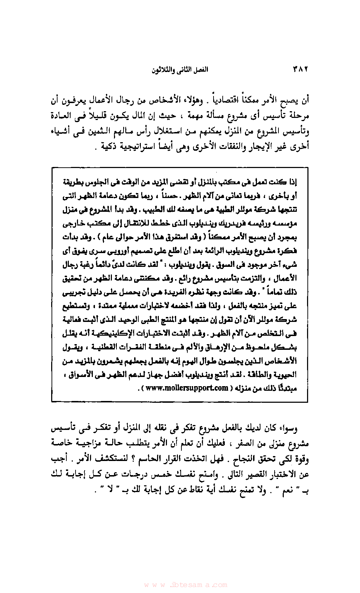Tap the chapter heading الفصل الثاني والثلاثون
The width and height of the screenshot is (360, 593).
pyautogui.click(x=180, y=70)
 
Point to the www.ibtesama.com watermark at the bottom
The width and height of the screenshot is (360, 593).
pyautogui.click(x=185, y=585)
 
